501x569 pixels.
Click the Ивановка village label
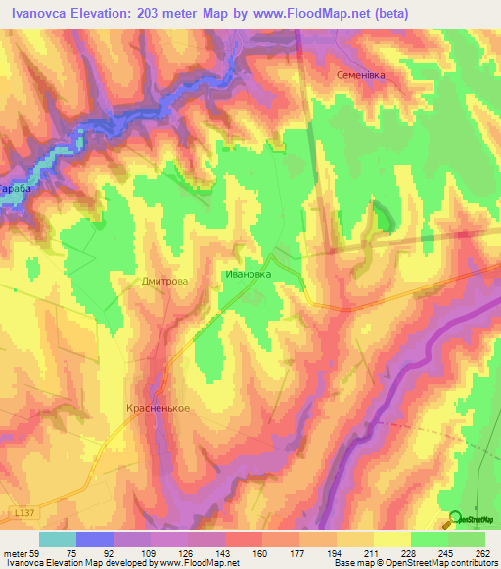tap(248, 275)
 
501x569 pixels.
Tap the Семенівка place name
tap(362, 74)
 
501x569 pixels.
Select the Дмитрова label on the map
tap(163, 281)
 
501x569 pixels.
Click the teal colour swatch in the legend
tap(58, 538)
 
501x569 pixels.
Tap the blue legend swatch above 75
tap(95, 538)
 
